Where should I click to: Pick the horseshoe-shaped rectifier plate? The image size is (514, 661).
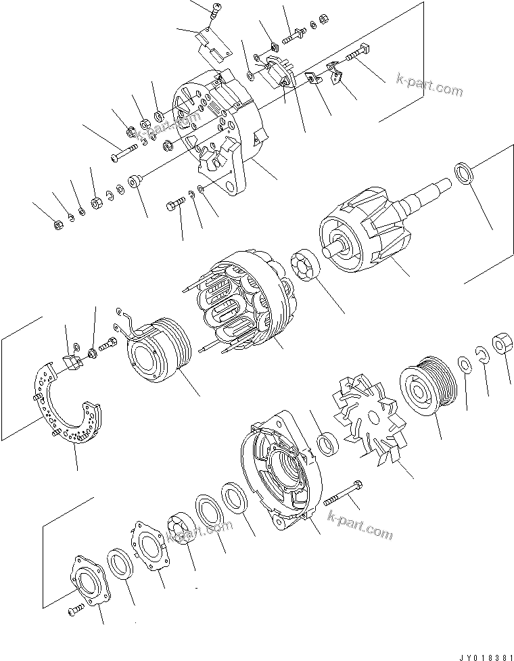click(64, 406)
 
